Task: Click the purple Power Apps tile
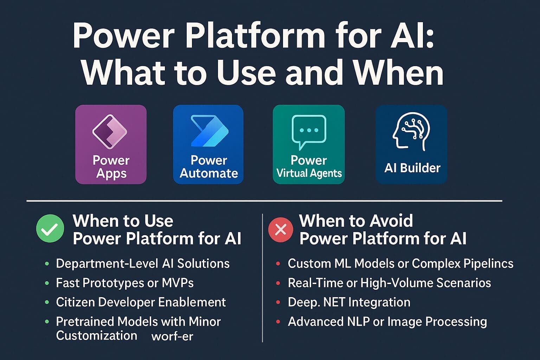[111, 144]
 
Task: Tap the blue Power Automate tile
[208, 144]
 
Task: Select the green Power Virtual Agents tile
[309, 144]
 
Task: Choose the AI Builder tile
[411, 144]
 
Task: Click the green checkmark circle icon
[50, 229]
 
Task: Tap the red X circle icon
[281, 230]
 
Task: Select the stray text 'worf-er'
[172, 336]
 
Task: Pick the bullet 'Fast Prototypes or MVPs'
[125, 283]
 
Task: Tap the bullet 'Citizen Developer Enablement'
[141, 302]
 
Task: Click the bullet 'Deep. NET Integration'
[349, 302]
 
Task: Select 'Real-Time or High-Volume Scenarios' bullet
[389, 283]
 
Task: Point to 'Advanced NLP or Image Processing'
[387, 322]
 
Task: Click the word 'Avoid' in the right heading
[391, 221]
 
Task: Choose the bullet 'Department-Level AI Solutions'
[143, 264]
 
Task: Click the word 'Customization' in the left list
[96, 336]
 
